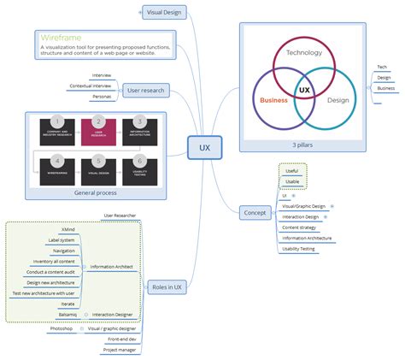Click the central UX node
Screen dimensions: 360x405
click(205, 148)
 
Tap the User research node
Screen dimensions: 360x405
click(146, 90)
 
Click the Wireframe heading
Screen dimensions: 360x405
click(60, 38)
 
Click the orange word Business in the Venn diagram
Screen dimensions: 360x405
click(273, 100)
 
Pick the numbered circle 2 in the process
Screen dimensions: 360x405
click(98, 121)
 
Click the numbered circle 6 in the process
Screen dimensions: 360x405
click(139, 159)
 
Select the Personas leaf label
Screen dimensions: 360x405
click(101, 97)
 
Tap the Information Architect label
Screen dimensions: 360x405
click(111, 266)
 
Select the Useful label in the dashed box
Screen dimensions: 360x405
click(292, 170)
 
